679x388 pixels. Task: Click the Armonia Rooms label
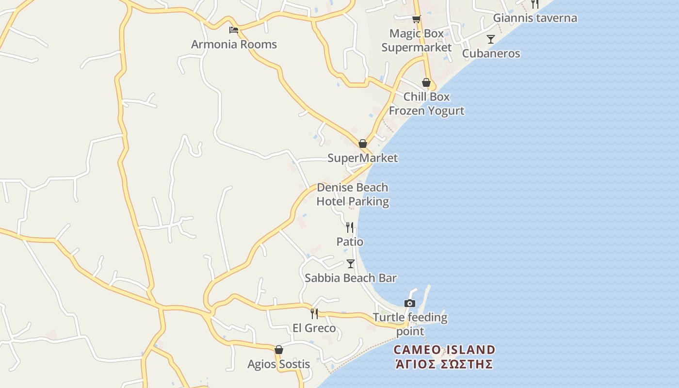pyautogui.click(x=234, y=45)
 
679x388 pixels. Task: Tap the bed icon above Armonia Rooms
pyautogui.click(x=234, y=30)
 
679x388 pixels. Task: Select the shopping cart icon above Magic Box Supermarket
pyautogui.click(x=416, y=19)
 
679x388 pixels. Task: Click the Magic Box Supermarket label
pyautogui.click(x=416, y=40)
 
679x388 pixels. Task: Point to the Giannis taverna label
pyautogui.click(x=535, y=18)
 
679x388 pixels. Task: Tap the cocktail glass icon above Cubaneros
pyautogui.click(x=491, y=39)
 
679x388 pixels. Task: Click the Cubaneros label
pyautogui.click(x=491, y=53)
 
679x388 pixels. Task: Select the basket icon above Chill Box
pyautogui.click(x=426, y=82)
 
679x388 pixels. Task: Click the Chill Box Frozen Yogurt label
pyautogui.click(x=426, y=104)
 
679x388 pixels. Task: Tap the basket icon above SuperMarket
pyautogui.click(x=362, y=144)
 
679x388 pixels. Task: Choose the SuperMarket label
pyautogui.click(x=362, y=158)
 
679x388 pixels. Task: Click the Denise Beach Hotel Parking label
pyautogui.click(x=353, y=194)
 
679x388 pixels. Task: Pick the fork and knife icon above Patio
pyautogui.click(x=350, y=227)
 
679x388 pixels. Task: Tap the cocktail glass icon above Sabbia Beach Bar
pyautogui.click(x=351, y=264)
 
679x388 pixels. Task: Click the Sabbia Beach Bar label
pyautogui.click(x=351, y=278)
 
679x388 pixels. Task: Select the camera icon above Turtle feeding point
pyautogui.click(x=410, y=304)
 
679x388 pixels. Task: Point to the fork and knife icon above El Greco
pyautogui.click(x=314, y=314)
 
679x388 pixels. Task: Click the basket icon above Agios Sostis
pyautogui.click(x=279, y=350)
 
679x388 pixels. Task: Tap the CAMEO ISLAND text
pyautogui.click(x=444, y=350)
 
